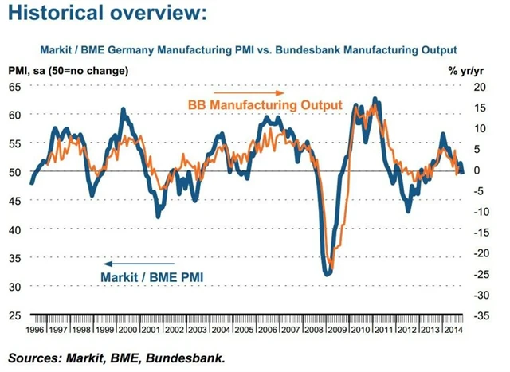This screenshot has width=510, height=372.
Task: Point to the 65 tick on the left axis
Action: click(15, 86)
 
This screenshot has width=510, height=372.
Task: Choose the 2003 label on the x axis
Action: click(198, 328)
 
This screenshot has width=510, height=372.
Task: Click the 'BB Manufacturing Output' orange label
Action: click(264, 104)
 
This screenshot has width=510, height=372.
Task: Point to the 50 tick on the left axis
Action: click(15, 172)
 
